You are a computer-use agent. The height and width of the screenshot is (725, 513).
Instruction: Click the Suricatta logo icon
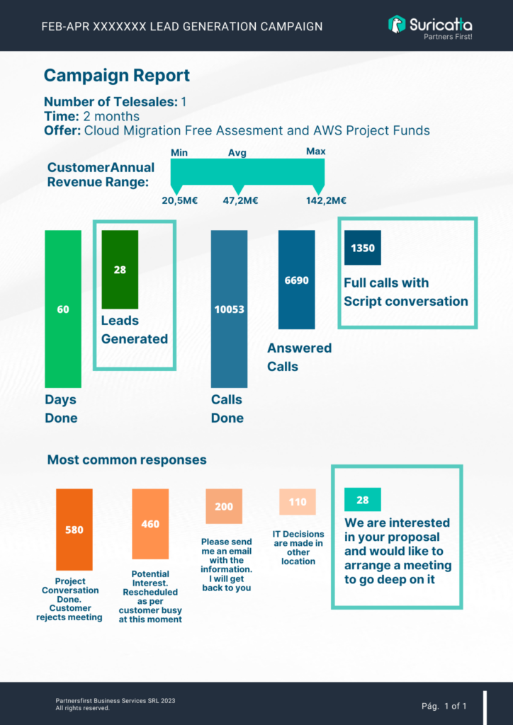(x=397, y=24)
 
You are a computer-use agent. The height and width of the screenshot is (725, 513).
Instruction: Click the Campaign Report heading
(x=117, y=75)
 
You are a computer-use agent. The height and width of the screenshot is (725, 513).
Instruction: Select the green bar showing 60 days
(x=63, y=309)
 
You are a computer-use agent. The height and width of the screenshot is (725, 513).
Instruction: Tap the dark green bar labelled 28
(x=120, y=270)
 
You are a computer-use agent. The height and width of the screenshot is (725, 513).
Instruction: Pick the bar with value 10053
(x=229, y=309)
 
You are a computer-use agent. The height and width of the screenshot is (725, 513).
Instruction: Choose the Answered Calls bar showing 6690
(x=296, y=280)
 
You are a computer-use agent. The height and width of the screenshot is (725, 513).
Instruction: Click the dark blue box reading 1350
(x=363, y=248)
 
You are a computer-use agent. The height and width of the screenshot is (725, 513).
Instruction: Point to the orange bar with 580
(x=74, y=530)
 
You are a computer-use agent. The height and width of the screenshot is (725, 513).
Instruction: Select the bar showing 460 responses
(x=150, y=524)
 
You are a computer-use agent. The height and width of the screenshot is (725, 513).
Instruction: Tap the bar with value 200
(x=224, y=506)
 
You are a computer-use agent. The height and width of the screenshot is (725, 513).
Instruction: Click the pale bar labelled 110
(x=298, y=502)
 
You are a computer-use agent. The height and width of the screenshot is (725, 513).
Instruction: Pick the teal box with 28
(x=363, y=499)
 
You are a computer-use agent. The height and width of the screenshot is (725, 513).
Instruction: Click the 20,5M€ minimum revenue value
(x=180, y=200)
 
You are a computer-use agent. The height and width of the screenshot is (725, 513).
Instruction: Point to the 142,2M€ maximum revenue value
(x=327, y=200)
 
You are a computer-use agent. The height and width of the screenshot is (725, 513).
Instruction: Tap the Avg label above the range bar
(x=237, y=153)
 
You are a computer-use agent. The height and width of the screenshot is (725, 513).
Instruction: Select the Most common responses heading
(x=127, y=460)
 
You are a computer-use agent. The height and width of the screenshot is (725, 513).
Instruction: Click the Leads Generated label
(x=135, y=330)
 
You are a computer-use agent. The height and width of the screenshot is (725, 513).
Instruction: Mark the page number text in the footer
(x=444, y=706)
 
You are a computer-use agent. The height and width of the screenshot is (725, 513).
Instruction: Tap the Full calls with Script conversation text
(x=406, y=292)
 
